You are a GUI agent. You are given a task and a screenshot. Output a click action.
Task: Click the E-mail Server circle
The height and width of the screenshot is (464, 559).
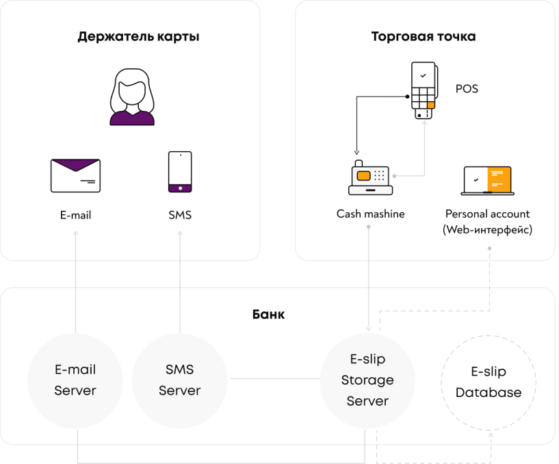(x=75, y=380)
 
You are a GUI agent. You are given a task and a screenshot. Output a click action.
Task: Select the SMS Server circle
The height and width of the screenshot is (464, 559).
(x=179, y=380)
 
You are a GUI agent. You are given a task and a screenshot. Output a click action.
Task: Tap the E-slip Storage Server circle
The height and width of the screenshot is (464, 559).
(x=367, y=380)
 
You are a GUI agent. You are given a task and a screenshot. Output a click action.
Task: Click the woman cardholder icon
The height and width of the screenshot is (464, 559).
(x=132, y=100)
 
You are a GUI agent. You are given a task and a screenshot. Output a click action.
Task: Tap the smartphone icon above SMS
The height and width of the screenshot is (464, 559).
(x=180, y=172)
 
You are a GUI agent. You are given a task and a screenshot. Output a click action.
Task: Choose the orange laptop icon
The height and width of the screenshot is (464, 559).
(x=487, y=179)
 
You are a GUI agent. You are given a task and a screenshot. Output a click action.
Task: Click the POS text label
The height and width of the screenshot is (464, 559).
(x=467, y=89)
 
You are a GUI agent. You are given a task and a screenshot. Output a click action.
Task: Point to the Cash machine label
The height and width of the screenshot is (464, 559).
(x=370, y=214)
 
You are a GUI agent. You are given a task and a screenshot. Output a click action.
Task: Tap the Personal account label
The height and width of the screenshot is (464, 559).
(x=487, y=214)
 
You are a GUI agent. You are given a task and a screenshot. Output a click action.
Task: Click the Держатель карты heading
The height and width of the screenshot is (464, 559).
(x=138, y=36)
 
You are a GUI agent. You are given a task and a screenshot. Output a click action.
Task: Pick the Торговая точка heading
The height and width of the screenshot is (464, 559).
(x=423, y=36)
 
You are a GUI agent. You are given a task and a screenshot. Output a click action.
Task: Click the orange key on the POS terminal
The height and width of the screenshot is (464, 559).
(x=431, y=105)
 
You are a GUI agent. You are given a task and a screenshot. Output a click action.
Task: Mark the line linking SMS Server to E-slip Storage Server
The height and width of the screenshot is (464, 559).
(x=274, y=379)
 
